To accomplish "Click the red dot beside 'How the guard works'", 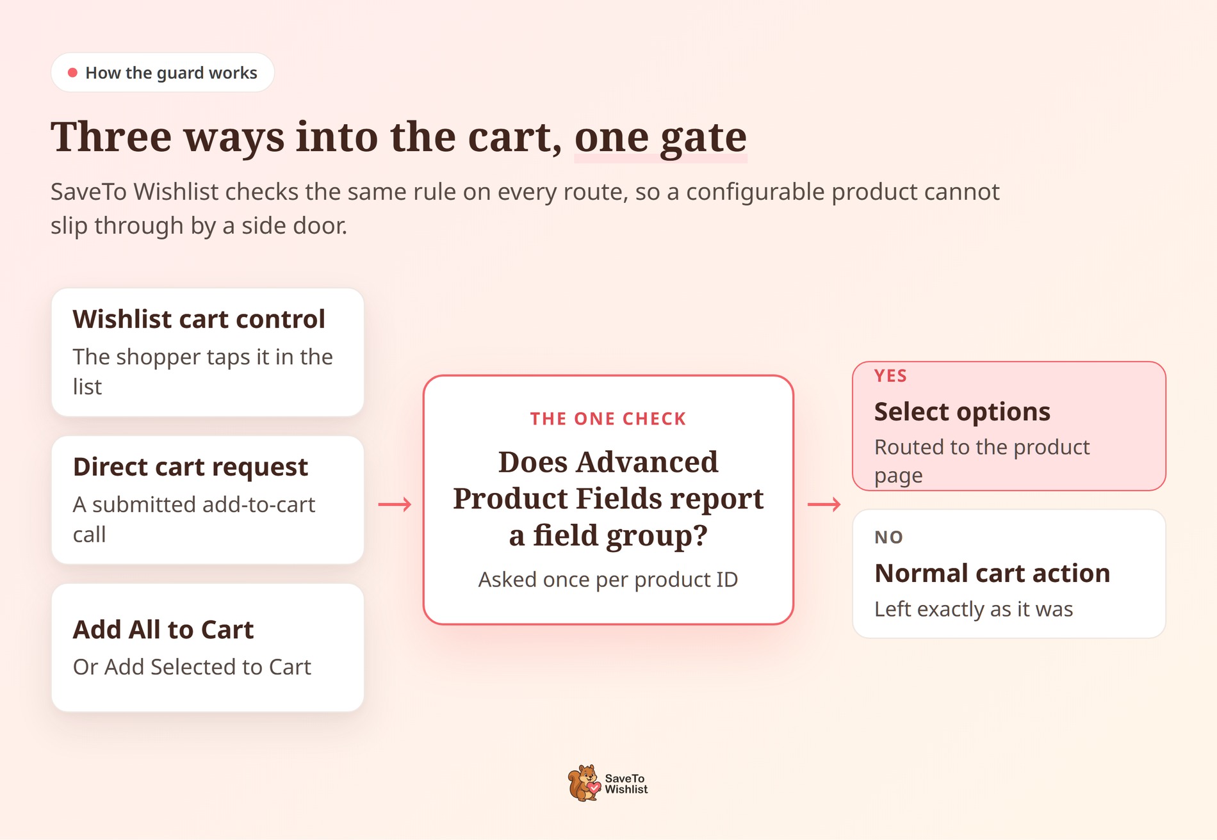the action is pos(72,73).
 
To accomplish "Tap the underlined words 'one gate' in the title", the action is pos(660,138).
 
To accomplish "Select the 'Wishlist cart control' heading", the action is pos(199,319).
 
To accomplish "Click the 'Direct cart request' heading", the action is pos(191,467).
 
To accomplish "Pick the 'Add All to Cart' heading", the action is pos(163,630).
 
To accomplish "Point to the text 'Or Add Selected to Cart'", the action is pos(192,667).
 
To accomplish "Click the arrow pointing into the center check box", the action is pos(395,505).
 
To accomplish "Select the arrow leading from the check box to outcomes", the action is pos(824,505).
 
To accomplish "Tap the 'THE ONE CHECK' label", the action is pos(608,419).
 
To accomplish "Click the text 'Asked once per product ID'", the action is pos(608,579).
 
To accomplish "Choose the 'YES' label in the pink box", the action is pos(891,376).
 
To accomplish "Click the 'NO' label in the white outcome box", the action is pos(889,537).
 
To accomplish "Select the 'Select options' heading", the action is pos(963,412).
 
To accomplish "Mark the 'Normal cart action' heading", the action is pos(993,573).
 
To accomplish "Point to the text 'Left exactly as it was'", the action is pos(974,609).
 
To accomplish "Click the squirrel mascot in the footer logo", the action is pos(584,783).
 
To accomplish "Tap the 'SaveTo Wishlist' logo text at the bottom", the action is pos(626,784).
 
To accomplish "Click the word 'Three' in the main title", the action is pos(111,137).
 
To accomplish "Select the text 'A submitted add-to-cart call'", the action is pos(194,519).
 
